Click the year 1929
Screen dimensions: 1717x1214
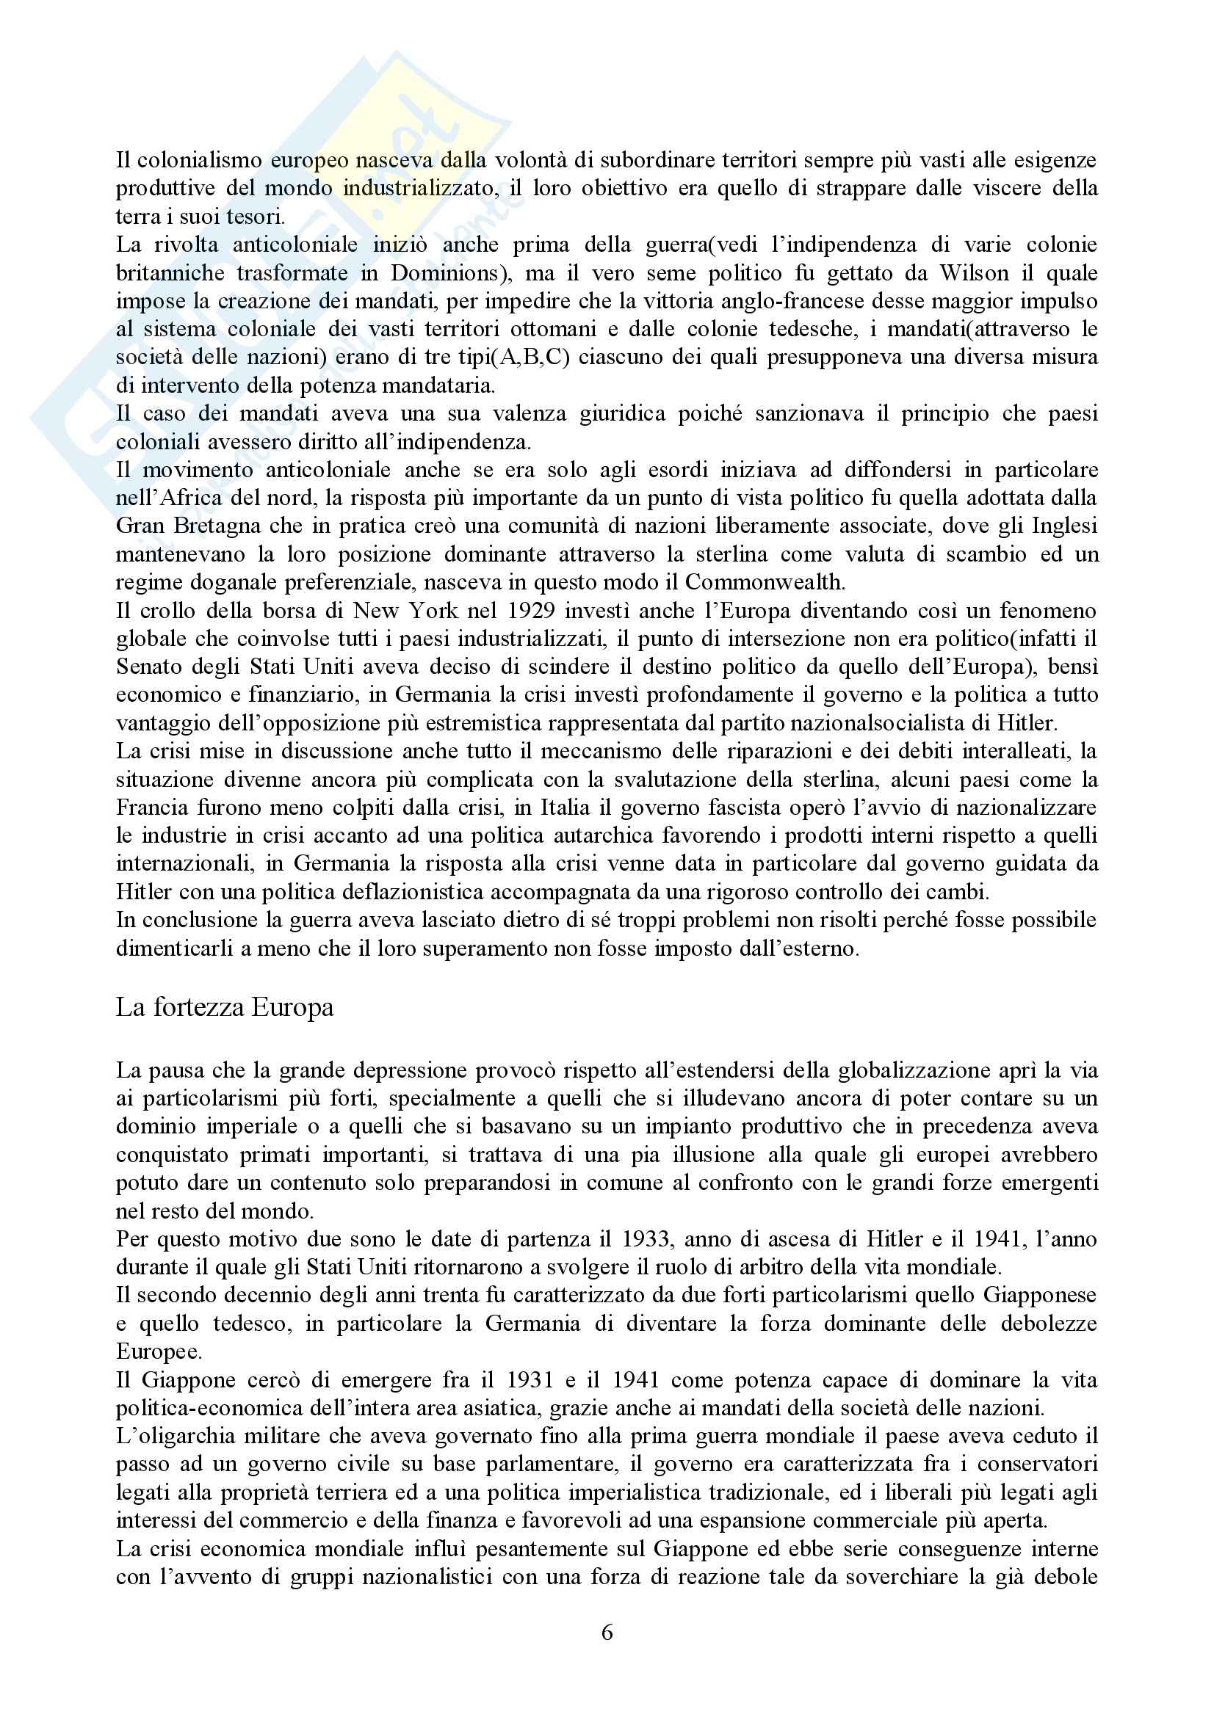(x=532, y=610)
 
